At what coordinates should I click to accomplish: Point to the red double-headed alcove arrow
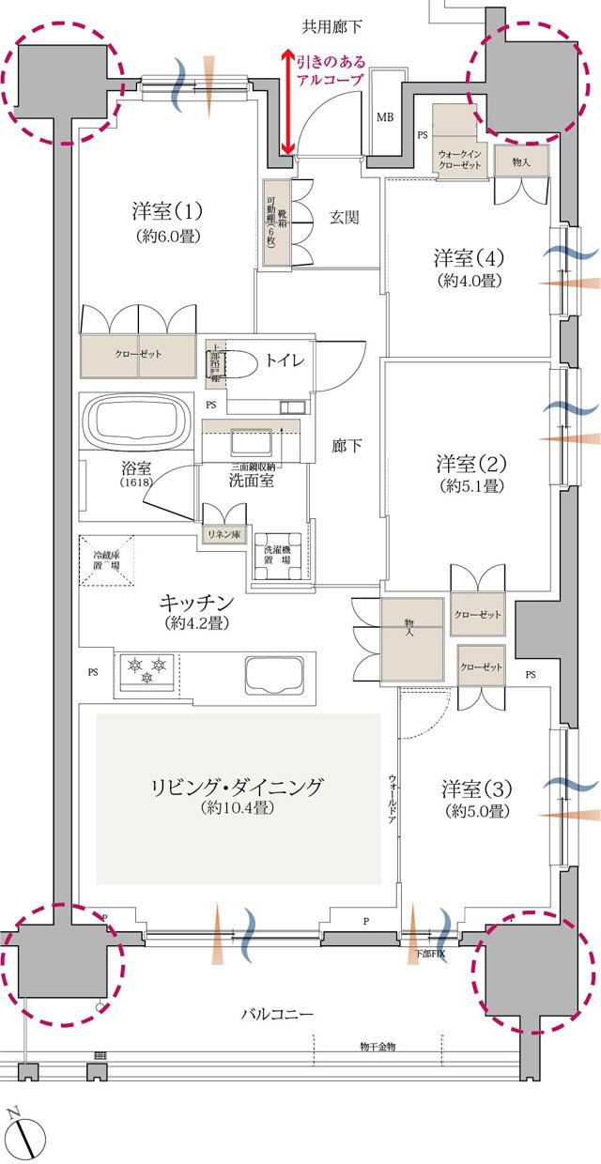(x=288, y=103)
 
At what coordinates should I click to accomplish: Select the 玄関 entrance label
(x=345, y=217)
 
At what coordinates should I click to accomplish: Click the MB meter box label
(x=385, y=117)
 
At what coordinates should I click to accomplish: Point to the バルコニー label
(x=277, y=1014)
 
